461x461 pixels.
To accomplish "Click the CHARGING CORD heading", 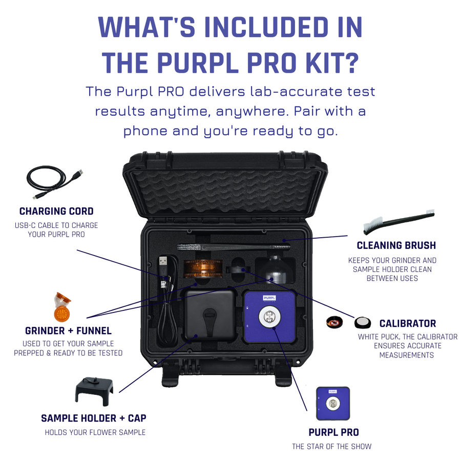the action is click(56, 211).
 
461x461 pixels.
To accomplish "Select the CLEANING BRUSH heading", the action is click(396, 245).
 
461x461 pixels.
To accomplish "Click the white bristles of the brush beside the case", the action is click(372, 223).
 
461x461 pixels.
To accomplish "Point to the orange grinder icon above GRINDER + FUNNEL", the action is click(62, 307).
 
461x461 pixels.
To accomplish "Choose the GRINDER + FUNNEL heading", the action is click(68, 330).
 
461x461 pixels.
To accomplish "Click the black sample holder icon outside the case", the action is click(94, 391).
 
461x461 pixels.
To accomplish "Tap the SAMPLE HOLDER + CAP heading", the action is click(94, 418).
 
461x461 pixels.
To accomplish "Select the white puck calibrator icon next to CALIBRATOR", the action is click(362, 323).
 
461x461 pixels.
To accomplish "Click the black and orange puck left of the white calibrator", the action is click(334, 323).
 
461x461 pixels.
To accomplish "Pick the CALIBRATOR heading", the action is click(408, 323).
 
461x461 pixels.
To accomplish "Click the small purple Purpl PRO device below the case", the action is click(333, 403).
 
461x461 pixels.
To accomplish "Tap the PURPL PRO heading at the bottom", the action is click(333, 432).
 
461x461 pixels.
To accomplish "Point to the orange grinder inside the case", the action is click(203, 268).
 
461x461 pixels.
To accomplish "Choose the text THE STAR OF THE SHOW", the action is click(331, 446).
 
